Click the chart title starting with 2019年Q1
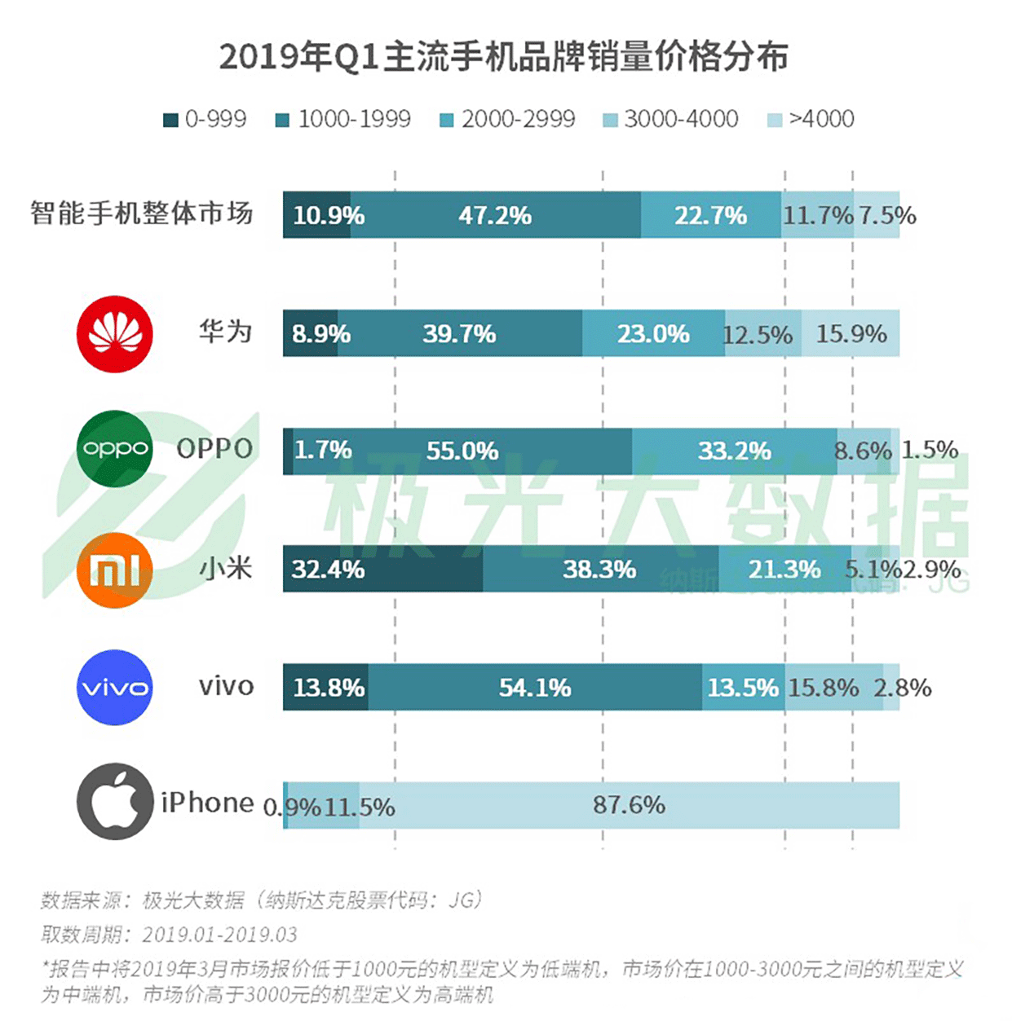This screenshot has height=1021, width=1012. pyautogui.click(x=503, y=57)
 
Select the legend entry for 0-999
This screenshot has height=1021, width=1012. pyautogui.click(x=205, y=119)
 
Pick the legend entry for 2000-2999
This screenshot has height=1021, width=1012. pyautogui.click(x=507, y=119)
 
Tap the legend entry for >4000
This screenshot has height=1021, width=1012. pyautogui.click(x=811, y=119)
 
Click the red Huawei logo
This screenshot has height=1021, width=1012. pyautogui.click(x=115, y=333)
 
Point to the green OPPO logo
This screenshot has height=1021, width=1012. pyautogui.click(x=115, y=449)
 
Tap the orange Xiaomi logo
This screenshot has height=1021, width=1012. pyautogui.click(x=115, y=570)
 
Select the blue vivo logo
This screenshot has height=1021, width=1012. pyautogui.click(x=115, y=687)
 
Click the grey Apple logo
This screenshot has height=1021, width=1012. pyautogui.click(x=115, y=802)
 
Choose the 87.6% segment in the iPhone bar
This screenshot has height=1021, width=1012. pyautogui.click(x=629, y=805)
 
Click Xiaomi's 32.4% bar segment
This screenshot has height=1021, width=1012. pyautogui.click(x=382, y=569)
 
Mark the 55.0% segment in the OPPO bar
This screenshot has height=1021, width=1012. pyautogui.click(x=462, y=451)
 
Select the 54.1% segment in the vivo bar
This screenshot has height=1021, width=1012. pyautogui.click(x=535, y=688)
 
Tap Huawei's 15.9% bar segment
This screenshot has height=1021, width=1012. pyautogui.click(x=851, y=333)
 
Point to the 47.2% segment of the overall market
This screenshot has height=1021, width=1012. pyautogui.click(x=495, y=215)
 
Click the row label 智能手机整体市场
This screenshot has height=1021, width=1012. pyautogui.click(x=142, y=213)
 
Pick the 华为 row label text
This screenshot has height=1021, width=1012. pyautogui.click(x=225, y=332)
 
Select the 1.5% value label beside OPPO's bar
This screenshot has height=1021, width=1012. pyautogui.click(x=930, y=450)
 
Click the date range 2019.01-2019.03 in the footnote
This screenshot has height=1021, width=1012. pyautogui.click(x=219, y=934)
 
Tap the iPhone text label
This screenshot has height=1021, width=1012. pyautogui.click(x=208, y=803)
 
